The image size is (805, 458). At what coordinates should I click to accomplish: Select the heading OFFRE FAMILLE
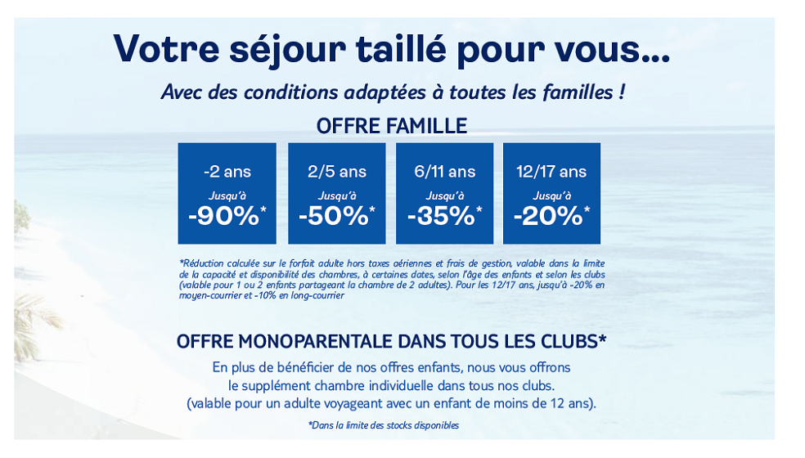tap(392, 126)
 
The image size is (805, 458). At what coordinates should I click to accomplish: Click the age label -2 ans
tap(227, 172)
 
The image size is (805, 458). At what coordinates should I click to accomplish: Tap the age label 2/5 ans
tap(337, 172)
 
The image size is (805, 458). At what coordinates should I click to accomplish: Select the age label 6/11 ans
tap(445, 172)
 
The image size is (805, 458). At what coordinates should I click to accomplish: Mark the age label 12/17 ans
tap(551, 172)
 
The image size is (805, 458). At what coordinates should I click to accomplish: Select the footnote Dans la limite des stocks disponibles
tap(384, 425)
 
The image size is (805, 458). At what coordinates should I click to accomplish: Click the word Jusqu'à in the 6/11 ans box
tap(445, 195)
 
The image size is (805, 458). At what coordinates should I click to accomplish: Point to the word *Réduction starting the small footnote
tap(199, 263)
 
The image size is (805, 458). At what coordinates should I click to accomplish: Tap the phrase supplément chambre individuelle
tap(341, 385)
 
